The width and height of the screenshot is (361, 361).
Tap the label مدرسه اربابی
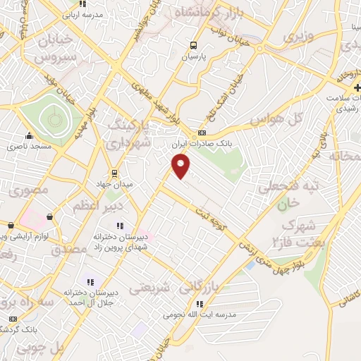(83, 14)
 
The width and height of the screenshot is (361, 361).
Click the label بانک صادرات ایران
(202, 143)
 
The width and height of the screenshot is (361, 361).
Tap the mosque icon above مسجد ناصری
(29, 136)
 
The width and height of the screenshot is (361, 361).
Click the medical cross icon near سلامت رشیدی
(339, 88)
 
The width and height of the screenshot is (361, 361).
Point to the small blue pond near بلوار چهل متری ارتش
(251, 266)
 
